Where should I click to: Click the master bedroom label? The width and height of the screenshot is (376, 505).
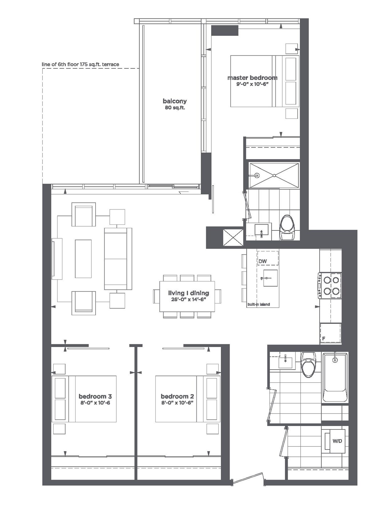pos(253,80)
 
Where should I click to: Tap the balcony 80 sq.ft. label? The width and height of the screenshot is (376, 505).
pos(175,104)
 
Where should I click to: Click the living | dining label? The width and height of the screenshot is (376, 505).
pos(188,296)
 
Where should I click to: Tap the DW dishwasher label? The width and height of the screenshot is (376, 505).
pos(263,261)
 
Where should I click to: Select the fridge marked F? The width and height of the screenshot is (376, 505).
pos(330,334)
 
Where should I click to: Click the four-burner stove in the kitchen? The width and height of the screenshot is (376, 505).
pos(330,286)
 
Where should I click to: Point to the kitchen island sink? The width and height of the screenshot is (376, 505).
pos(270,278)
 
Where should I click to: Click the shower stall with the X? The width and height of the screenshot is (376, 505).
pos(274,175)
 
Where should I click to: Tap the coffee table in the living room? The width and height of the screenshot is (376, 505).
pos(83,259)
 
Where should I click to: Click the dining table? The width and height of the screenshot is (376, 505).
pos(187,297)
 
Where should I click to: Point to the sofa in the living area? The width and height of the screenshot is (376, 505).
pos(118,259)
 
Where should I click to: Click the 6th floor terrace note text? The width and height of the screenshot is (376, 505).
pos(80,65)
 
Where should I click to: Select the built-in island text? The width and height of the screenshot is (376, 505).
pos(259,304)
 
